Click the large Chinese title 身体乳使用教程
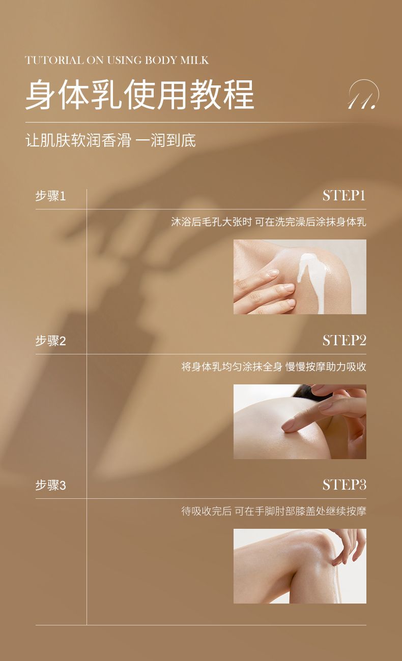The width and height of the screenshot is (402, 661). tap(140, 95)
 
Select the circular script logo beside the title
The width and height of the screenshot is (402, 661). tap(363, 95)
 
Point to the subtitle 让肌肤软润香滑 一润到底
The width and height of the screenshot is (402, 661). tap(110, 140)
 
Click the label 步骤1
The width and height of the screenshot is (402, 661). tap(50, 196)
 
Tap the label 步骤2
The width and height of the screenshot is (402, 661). tap(50, 341)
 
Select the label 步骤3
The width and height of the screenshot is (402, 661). tap(50, 486)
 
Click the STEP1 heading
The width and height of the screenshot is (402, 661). tap(344, 196)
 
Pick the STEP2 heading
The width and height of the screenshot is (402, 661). tap(344, 341)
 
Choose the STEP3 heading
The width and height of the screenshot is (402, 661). tap(344, 485)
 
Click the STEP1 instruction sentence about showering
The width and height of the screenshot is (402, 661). tap(269, 222)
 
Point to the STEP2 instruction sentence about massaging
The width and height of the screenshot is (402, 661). tap(274, 367)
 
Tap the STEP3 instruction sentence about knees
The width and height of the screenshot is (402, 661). tap(274, 511)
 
